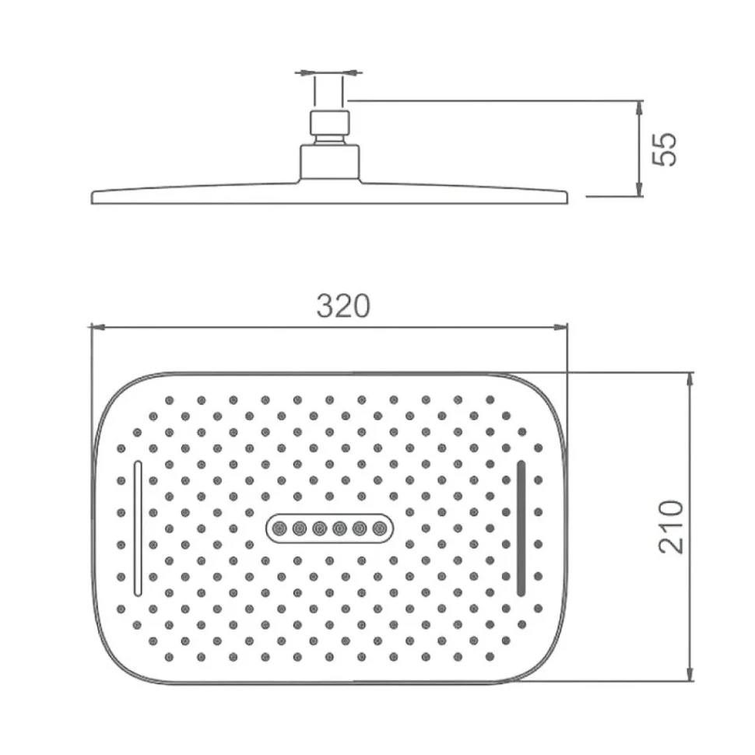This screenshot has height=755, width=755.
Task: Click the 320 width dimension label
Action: (343, 306)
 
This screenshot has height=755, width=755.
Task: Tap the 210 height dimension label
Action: (671, 527)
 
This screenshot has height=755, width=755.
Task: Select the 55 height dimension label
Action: (664, 149)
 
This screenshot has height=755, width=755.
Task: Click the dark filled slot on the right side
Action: (521, 528)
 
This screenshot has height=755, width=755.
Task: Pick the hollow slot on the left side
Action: (139, 528)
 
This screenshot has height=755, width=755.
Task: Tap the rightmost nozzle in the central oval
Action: (380, 529)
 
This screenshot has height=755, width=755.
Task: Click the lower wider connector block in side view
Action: (330, 163)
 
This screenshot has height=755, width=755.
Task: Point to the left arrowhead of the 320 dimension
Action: (97, 328)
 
